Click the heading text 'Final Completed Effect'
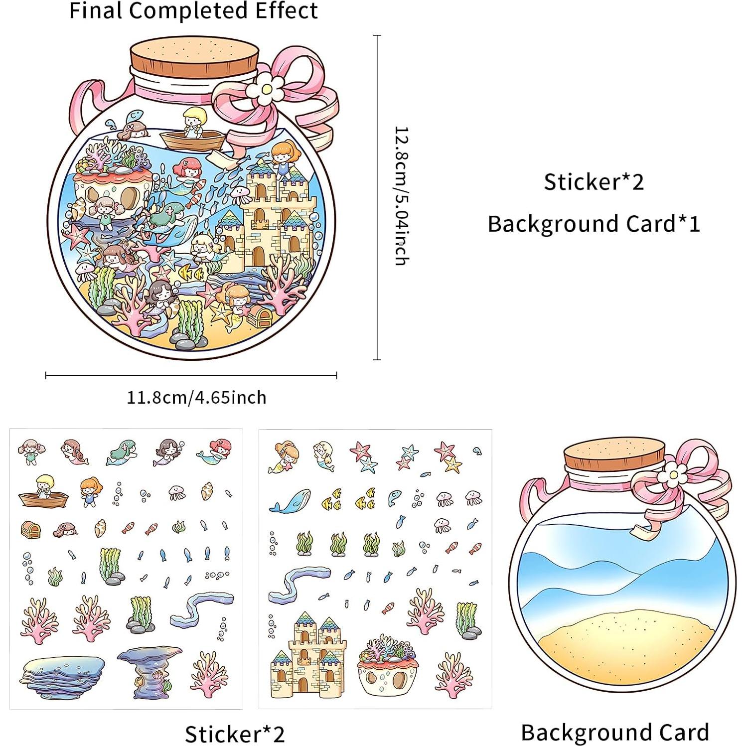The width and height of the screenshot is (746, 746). click(x=193, y=11)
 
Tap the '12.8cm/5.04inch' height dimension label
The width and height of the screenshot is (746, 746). click(x=402, y=196)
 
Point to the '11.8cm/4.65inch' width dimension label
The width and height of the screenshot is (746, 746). click(x=196, y=398)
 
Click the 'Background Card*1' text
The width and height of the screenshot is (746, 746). click(x=594, y=224)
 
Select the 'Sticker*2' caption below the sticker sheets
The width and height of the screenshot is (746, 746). click(x=234, y=734)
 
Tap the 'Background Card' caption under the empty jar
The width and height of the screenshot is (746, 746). click(x=615, y=732)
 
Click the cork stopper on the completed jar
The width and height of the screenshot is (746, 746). click(x=195, y=55)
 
